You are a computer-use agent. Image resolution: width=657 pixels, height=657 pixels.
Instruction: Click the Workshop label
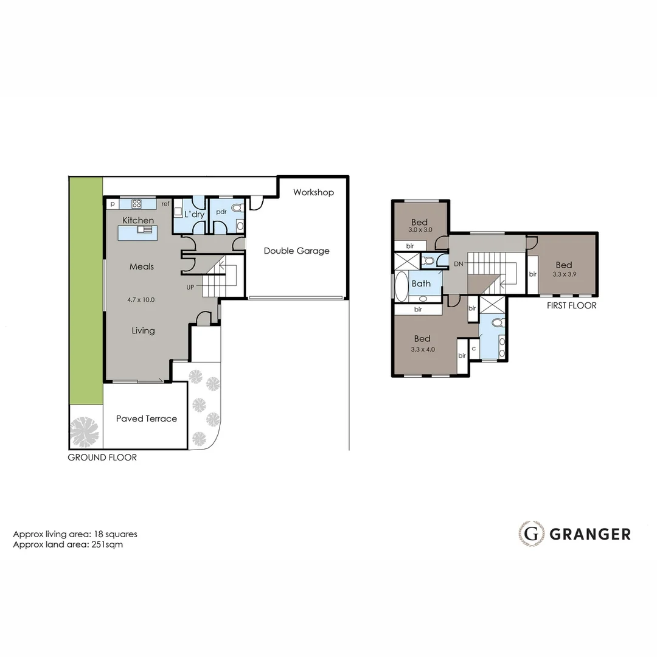coord(313,192)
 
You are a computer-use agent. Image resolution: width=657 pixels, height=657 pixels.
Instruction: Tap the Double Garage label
coord(296,251)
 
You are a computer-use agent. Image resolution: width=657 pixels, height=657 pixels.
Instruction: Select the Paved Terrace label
coord(147,419)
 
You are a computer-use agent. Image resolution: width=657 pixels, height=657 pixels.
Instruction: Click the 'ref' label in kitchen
coord(165,204)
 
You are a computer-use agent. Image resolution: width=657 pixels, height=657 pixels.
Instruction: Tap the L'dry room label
coord(194,214)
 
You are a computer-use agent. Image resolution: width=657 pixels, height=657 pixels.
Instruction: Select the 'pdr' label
coord(221,212)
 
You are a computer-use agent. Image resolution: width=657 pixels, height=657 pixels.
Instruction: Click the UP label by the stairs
coord(190,287)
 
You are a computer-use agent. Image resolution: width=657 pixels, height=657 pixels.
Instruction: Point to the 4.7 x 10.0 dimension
coord(141,299)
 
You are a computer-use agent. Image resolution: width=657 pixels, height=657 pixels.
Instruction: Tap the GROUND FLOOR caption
coord(102,457)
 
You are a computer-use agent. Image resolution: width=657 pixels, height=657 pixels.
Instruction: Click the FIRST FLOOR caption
coord(571,305)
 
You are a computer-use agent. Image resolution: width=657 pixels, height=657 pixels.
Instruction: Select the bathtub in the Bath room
coord(401,286)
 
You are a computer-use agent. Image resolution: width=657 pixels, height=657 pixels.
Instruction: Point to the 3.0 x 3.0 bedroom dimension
coord(420,230)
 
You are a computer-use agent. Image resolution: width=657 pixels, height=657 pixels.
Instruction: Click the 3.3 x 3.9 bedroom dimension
coord(563,274)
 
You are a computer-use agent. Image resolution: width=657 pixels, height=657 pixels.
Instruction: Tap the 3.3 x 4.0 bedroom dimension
coord(423,349)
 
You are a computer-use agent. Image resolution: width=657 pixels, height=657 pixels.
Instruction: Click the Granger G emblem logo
coord(531,534)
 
